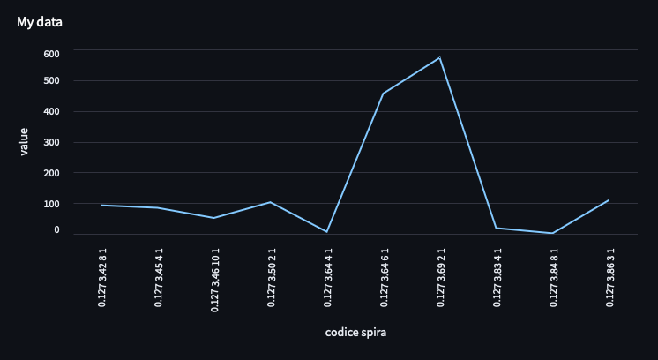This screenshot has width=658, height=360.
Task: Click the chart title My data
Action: tap(39, 21)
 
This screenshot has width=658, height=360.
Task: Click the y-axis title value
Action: tap(24, 142)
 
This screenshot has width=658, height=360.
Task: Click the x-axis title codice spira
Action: tap(355, 333)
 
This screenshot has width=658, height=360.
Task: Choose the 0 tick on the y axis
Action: tap(56, 230)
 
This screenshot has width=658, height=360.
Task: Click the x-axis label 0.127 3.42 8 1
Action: tap(102, 277)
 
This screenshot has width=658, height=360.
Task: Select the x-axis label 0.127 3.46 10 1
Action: tap(215, 280)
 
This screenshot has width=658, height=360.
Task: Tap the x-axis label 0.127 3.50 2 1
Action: tap(272, 277)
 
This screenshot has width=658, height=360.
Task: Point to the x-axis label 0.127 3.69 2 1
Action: tap(441, 277)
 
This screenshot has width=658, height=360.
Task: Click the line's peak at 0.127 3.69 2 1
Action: tap(439, 58)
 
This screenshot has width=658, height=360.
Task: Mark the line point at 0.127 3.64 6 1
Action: tap(383, 94)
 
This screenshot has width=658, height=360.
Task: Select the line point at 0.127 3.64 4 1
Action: tap(326, 232)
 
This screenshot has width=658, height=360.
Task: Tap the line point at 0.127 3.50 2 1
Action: tap(270, 202)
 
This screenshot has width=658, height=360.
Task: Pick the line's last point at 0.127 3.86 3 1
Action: tap(609, 200)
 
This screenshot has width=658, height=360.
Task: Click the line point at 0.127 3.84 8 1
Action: tap(552, 233)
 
